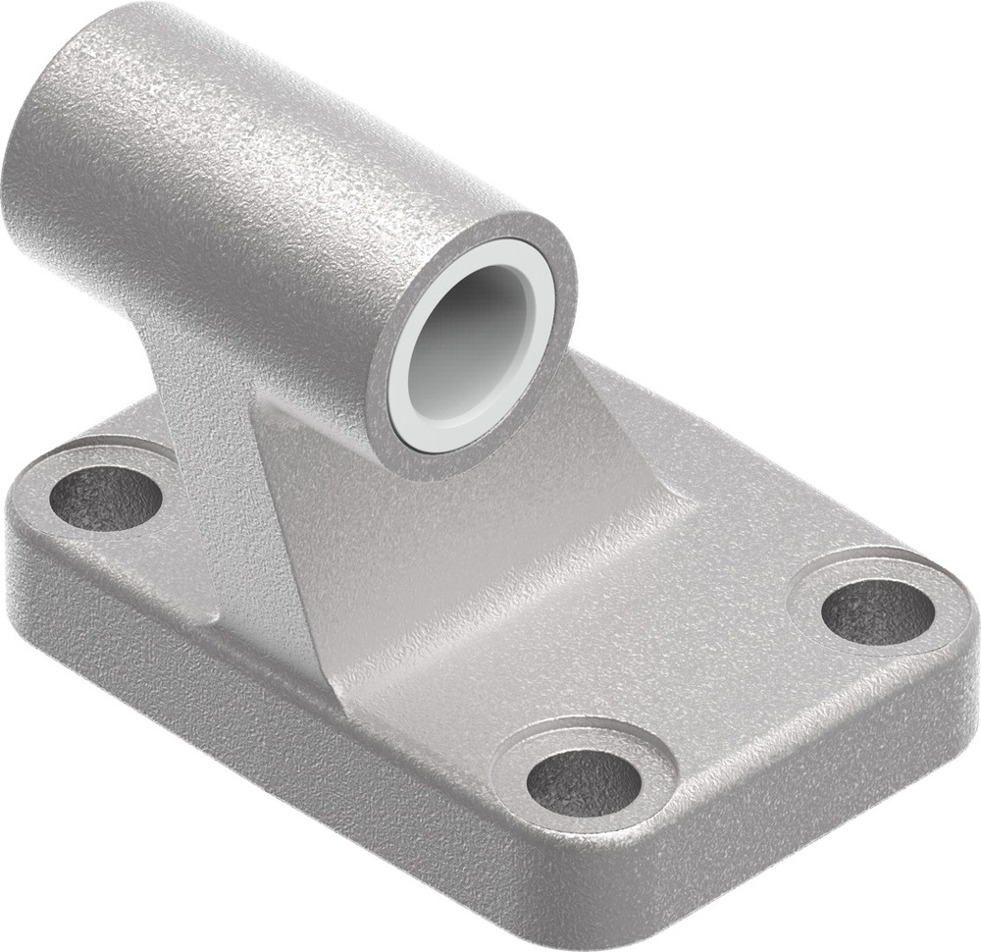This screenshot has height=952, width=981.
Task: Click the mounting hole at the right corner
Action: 876,610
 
